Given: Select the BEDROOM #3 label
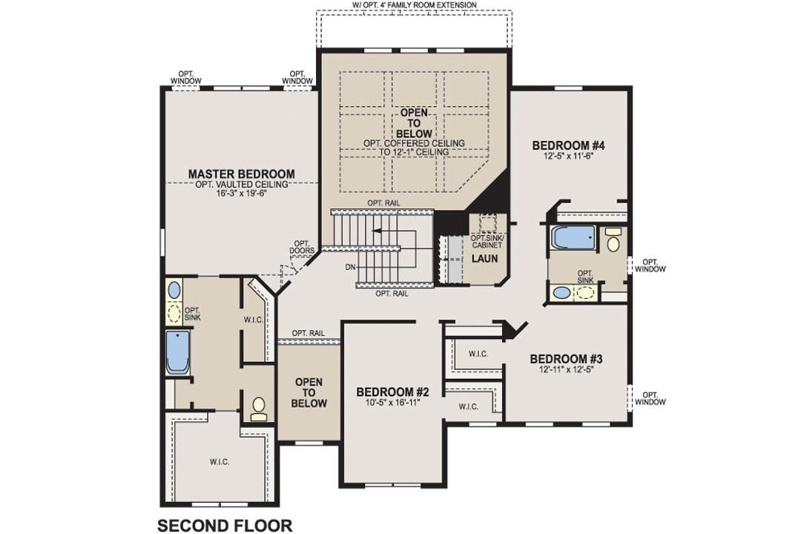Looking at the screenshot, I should [566, 359].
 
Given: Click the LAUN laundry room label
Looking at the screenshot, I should [485, 258].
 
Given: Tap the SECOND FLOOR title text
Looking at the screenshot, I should [225, 525].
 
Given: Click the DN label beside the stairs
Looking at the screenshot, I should [350, 266].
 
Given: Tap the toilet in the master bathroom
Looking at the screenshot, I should [259, 407].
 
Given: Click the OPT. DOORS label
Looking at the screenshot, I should [301, 247].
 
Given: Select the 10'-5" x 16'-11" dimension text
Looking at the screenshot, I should [392, 403].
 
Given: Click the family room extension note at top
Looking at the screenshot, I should [414, 5].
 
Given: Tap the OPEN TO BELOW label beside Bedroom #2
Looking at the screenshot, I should [309, 393].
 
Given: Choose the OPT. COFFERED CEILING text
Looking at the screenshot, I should [414, 142].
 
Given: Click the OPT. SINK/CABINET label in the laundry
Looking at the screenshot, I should [487, 241].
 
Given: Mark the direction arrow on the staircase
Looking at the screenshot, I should [378, 231].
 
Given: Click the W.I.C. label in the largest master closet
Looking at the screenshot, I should [219, 461].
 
